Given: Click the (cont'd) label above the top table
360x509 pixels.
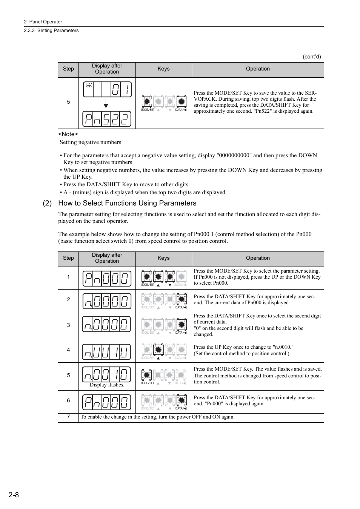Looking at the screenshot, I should click(311, 57).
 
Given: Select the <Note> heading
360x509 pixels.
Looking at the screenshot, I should click(68, 134).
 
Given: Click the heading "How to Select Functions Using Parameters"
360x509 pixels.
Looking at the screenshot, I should click(127, 203).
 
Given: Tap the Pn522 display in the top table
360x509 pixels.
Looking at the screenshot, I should click(107, 120).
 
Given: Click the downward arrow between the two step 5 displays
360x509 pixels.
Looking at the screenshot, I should click(106, 103).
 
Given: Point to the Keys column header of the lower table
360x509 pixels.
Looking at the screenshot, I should click(163, 258).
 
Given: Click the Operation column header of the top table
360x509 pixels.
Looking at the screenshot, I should click(258, 69).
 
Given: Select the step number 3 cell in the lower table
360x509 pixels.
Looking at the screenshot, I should click(68, 325).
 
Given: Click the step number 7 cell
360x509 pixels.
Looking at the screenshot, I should click(68, 417).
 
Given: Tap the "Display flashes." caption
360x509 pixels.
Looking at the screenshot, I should click(107, 385).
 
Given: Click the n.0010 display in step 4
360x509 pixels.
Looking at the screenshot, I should click(107, 352).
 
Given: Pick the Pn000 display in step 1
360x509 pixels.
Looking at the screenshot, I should click(107, 279).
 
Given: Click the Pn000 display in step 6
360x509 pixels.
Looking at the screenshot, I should click(107, 402).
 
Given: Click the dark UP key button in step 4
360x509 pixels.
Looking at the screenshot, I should click(158, 350).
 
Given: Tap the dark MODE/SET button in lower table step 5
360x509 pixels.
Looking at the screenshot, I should click(147, 375).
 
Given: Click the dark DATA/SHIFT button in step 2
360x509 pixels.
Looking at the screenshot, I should click(182, 299).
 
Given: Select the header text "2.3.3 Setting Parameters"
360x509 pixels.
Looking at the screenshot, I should click(51, 31).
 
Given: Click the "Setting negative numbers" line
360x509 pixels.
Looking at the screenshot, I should click(91, 142).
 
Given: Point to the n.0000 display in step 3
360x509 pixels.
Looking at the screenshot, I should click(107, 324).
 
